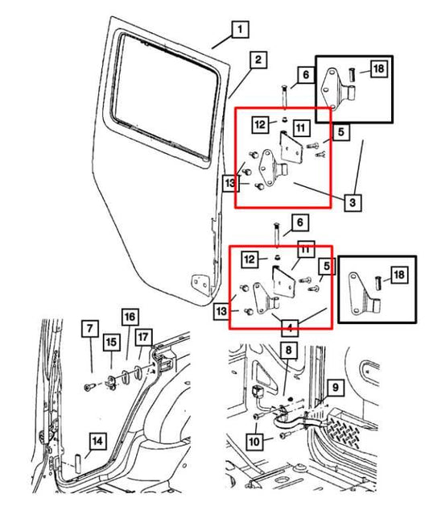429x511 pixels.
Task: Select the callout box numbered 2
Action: coord(257,60)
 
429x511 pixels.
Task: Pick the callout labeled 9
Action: coord(336,387)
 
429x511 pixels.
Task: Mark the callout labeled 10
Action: coord(254,441)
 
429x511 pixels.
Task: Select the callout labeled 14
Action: coord(96,441)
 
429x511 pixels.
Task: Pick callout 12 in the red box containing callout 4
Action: coord(250,259)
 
